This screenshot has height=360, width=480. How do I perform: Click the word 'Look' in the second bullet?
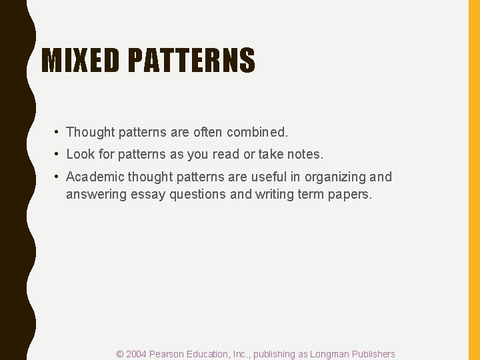pos(80,154)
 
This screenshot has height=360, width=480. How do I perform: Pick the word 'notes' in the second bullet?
pos(306,154)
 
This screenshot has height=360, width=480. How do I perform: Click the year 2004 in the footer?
pos(136,354)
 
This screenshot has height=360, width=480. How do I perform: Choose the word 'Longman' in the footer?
pos(327,354)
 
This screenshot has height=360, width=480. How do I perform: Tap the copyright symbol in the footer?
pos(120,354)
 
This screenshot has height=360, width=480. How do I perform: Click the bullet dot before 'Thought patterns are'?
pos(59,133)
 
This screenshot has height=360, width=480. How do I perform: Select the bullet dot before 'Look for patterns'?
pos(59,154)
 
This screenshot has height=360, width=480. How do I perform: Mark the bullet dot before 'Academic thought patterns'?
pos(59,177)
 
